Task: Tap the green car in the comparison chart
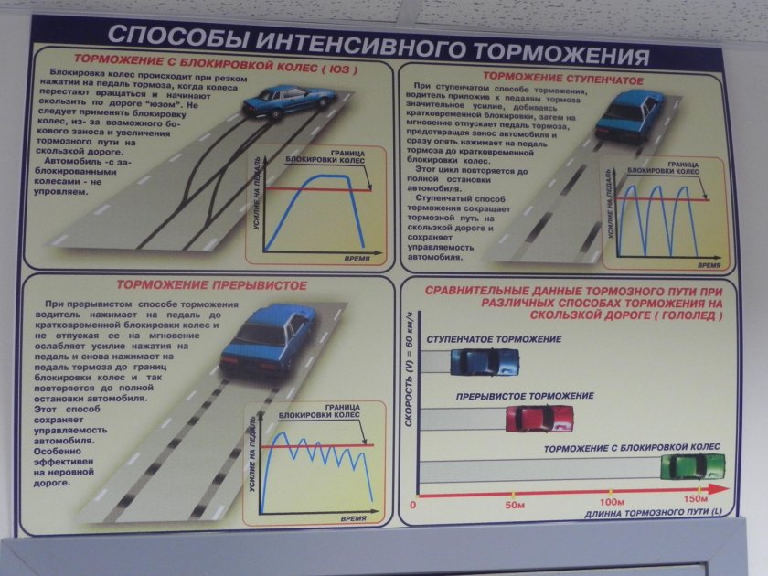tap(692, 466)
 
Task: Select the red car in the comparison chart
tap(539, 418)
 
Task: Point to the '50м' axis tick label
tap(515, 505)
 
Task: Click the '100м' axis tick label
tap(610, 504)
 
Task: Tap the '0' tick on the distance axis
tap(413, 505)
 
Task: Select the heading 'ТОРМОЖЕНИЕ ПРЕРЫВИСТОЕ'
tap(211, 285)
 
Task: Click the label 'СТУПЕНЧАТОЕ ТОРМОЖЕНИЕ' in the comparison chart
tap(494, 339)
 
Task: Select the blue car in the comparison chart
tap(484, 362)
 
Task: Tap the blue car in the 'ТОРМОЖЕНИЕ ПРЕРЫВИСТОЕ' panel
tap(265, 338)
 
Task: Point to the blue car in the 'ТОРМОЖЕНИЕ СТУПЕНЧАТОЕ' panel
tap(626, 114)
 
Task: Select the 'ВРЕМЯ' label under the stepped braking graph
tap(709, 265)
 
